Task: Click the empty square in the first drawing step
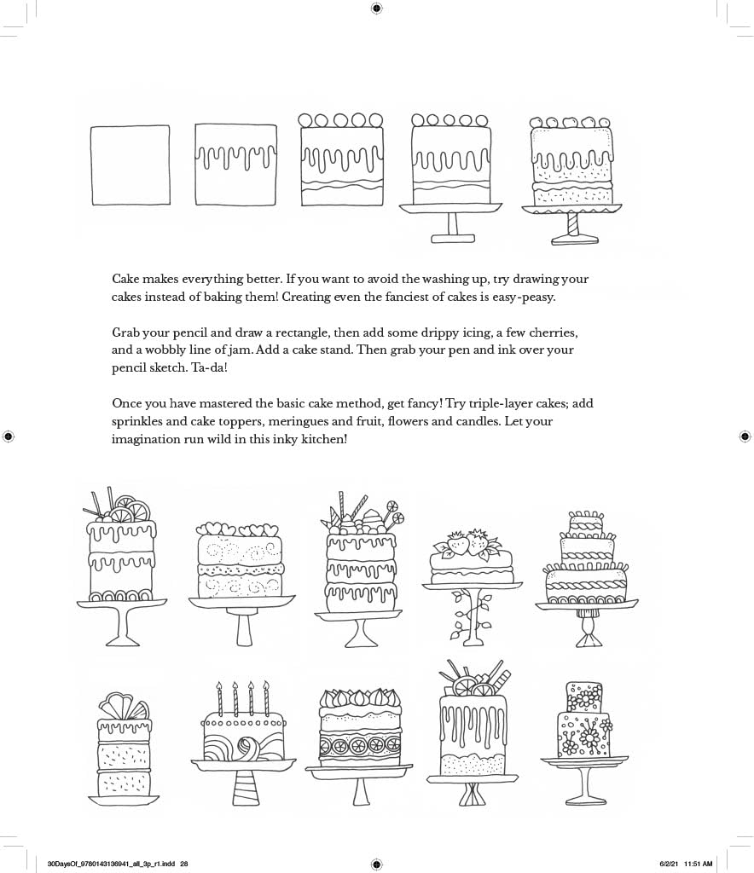(x=130, y=165)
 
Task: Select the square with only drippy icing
(x=236, y=165)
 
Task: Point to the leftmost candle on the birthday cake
(x=219, y=699)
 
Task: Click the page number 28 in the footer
(x=183, y=864)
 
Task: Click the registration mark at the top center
(x=377, y=9)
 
